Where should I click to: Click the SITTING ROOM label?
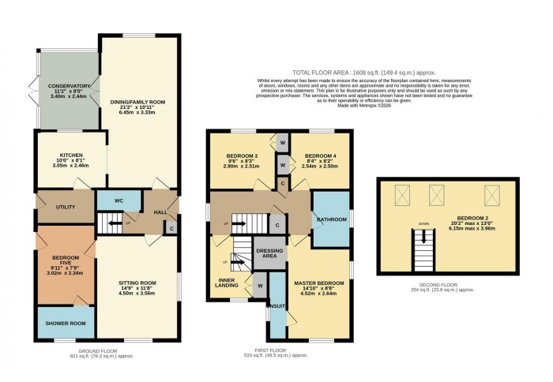click(x=137, y=282)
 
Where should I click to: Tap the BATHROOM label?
click(x=327, y=219)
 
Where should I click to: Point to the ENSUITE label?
click(x=276, y=305)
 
